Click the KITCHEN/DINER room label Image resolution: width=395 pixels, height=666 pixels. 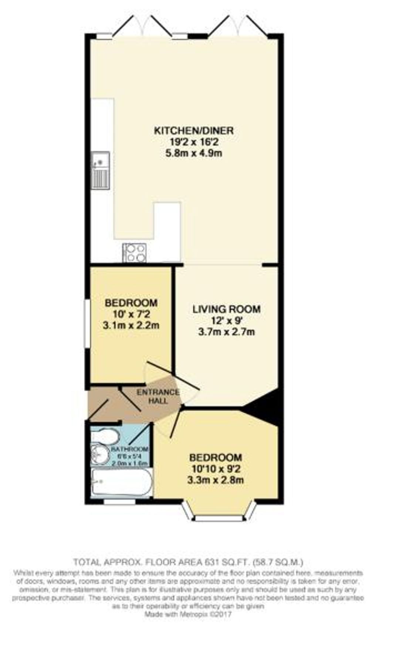[x=193, y=131]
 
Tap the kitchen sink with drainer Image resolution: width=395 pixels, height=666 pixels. [x=100, y=170]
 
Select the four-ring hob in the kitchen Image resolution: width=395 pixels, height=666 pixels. [x=135, y=253]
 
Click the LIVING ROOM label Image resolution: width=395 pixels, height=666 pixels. [x=226, y=309]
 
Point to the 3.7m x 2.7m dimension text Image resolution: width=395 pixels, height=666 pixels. [x=226, y=332]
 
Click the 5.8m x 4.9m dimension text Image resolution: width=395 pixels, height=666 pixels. [x=193, y=153]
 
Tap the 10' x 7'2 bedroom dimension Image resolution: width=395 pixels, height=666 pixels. [x=131, y=314]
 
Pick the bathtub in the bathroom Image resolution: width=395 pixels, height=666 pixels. [x=122, y=482]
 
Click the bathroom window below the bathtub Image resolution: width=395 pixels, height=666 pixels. [x=119, y=502]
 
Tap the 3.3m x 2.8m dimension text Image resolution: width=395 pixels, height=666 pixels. [x=216, y=480]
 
